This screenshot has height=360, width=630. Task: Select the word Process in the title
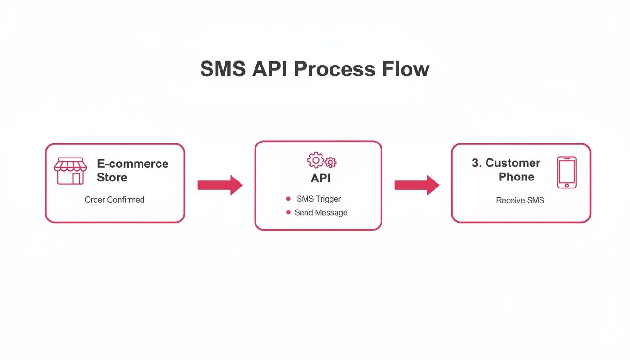334,69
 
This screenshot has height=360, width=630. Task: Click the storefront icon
70,171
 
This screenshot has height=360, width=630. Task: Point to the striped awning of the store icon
70,165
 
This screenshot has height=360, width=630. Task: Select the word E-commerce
133,164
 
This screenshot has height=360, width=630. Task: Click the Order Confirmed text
114,200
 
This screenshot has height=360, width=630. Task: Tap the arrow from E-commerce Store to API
220,185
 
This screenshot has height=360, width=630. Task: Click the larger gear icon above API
315,160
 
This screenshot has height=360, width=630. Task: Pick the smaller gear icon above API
330,163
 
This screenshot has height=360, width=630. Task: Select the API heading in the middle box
321,179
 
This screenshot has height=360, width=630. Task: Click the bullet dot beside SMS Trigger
288,199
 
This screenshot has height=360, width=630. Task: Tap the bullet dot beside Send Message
288,213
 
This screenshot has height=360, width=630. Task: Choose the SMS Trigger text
319,199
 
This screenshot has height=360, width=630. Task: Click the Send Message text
321,213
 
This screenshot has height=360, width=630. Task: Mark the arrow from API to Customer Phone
417,185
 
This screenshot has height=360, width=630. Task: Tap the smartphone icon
567,172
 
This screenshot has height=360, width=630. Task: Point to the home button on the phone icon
567,185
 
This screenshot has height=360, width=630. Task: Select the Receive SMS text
520,201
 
